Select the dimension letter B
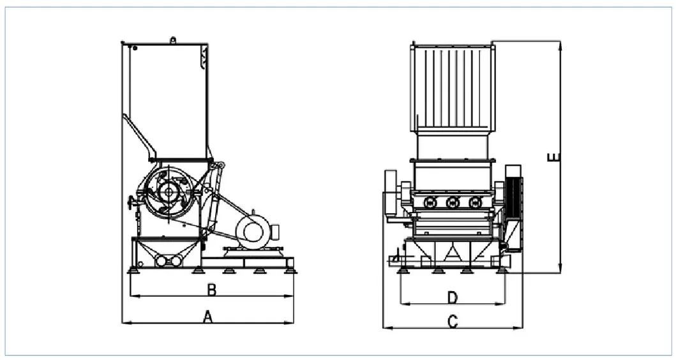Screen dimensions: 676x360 coord(211,290)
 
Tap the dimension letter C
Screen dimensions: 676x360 coord(453,322)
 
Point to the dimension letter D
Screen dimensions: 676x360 coord(452,297)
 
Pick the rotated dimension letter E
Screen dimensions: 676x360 coord(554,157)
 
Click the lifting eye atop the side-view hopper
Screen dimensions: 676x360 coord(173,40)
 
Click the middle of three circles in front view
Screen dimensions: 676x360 coord(453,202)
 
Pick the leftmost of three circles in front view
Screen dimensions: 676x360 coord(430,202)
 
